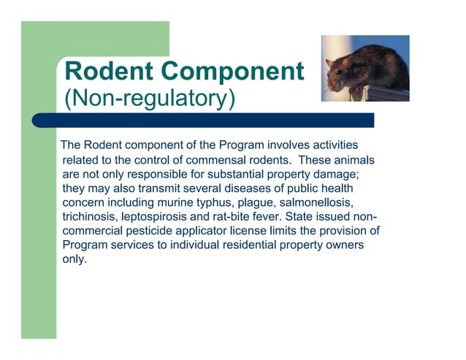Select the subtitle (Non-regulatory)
coord(150,97)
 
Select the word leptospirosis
coord(162,216)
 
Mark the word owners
coord(344,245)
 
